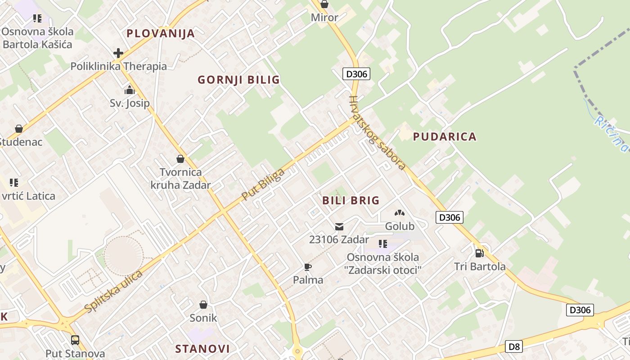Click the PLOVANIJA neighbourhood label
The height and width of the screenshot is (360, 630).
click(x=161, y=33)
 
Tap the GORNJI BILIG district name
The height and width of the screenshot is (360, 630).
click(x=238, y=80)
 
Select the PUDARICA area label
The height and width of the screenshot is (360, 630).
click(x=445, y=137)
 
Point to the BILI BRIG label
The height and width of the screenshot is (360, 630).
click(x=351, y=201)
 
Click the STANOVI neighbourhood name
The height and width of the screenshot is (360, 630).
click(x=202, y=349)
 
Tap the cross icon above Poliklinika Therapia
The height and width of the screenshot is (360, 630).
click(x=118, y=53)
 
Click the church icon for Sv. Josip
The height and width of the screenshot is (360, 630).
click(x=130, y=90)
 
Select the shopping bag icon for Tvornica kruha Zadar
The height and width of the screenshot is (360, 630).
click(x=180, y=159)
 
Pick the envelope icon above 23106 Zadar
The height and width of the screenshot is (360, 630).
click(x=339, y=226)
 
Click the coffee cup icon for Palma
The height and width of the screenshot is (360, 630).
click(x=308, y=267)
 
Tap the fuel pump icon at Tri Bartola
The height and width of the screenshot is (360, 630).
click(x=480, y=253)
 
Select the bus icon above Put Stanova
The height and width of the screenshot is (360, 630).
click(x=75, y=340)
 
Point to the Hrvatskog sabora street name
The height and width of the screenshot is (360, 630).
click(x=377, y=132)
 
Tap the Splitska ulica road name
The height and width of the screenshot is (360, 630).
click(x=113, y=291)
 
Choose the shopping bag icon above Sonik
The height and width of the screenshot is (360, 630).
click(x=203, y=305)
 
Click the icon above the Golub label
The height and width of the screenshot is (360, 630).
click(x=400, y=213)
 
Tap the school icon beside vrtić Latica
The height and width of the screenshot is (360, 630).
click(x=14, y=183)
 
